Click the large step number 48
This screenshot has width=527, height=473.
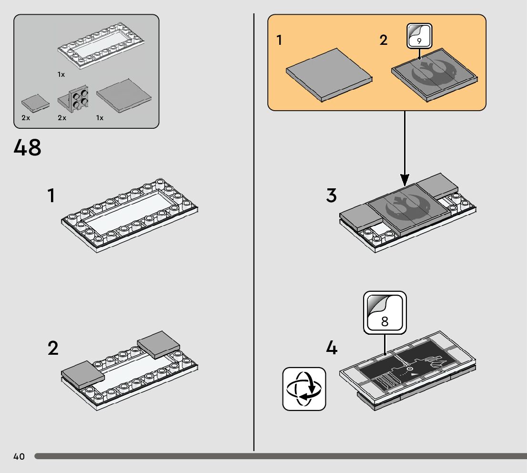[28, 148]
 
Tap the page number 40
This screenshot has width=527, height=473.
[19, 457]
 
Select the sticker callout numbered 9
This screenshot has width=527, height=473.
[419, 36]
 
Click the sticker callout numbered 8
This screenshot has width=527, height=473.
[385, 313]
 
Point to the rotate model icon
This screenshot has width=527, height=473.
[304, 389]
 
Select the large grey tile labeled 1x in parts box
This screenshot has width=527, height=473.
[124, 95]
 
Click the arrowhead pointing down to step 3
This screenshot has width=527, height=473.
[405, 180]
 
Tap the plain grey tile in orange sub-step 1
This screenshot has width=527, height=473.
[329, 73]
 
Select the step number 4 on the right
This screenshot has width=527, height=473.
[332, 348]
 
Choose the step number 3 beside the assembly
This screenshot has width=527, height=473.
[332, 195]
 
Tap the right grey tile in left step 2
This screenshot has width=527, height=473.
[159, 344]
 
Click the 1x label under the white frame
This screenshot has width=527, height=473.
[61, 75]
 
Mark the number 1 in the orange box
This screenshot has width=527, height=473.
[280, 40]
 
